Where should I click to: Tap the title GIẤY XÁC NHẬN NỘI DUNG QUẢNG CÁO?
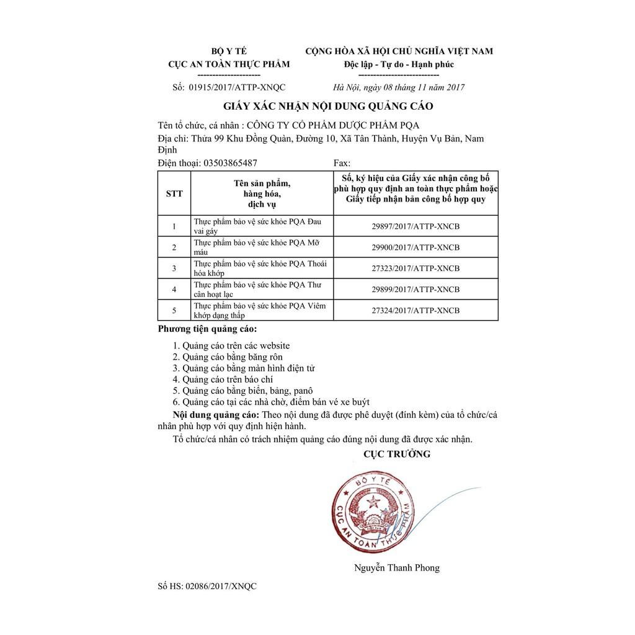[x=328, y=106]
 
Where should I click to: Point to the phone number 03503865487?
[x=226, y=163]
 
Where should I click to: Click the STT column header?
[x=174, y=193]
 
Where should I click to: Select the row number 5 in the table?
[x=174, y=310]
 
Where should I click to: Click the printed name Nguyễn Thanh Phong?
[x=397, y=567]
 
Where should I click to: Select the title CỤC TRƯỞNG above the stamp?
[x=397, y=455]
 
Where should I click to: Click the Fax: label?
[x=342, y=163]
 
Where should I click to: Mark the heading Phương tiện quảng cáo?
[x=207, y=329]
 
